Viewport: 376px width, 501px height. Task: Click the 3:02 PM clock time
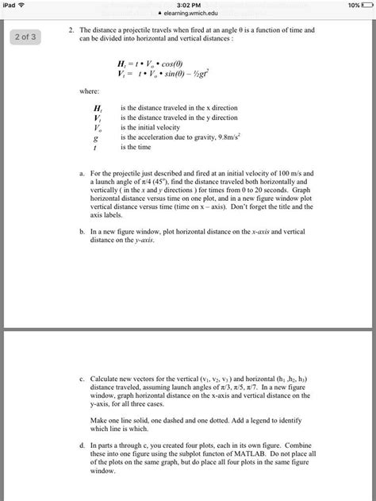click(x=188, y=5)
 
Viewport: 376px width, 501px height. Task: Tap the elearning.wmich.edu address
click(x=190, y=13)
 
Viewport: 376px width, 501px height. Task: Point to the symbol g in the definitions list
click(x=96, y=137)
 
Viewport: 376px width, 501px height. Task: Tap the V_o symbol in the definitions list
click(x=97, y=127)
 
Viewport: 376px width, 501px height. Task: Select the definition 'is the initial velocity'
click(x=149, y=127)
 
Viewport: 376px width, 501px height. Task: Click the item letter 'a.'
click(x=82, y=172)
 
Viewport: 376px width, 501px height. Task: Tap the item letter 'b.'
click(x=82, y=231)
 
